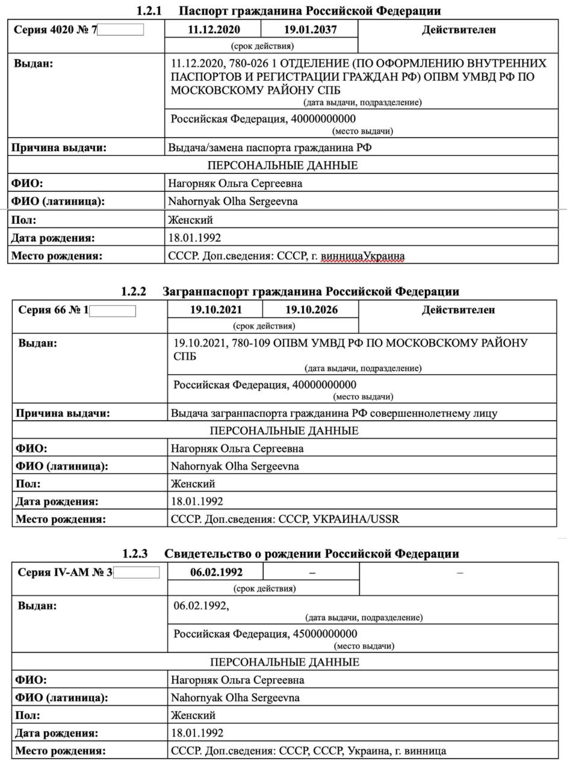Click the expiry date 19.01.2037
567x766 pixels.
tap(310, 29)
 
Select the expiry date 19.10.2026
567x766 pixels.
tap(311, 310)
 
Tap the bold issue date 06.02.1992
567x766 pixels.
tap(217, 572)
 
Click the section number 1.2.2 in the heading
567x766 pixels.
tap(134, 292)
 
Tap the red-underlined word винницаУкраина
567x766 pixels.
tap(363, 256)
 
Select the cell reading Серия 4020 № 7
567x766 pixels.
tap(55, 29)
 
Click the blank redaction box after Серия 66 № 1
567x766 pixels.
tap(113, 311)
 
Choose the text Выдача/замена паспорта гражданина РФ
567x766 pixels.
tap(274, 147)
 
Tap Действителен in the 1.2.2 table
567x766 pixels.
tap(458, 310)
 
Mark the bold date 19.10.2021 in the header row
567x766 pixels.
tap(216, 310)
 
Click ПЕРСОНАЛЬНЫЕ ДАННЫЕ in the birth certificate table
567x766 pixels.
tap(285, 662)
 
